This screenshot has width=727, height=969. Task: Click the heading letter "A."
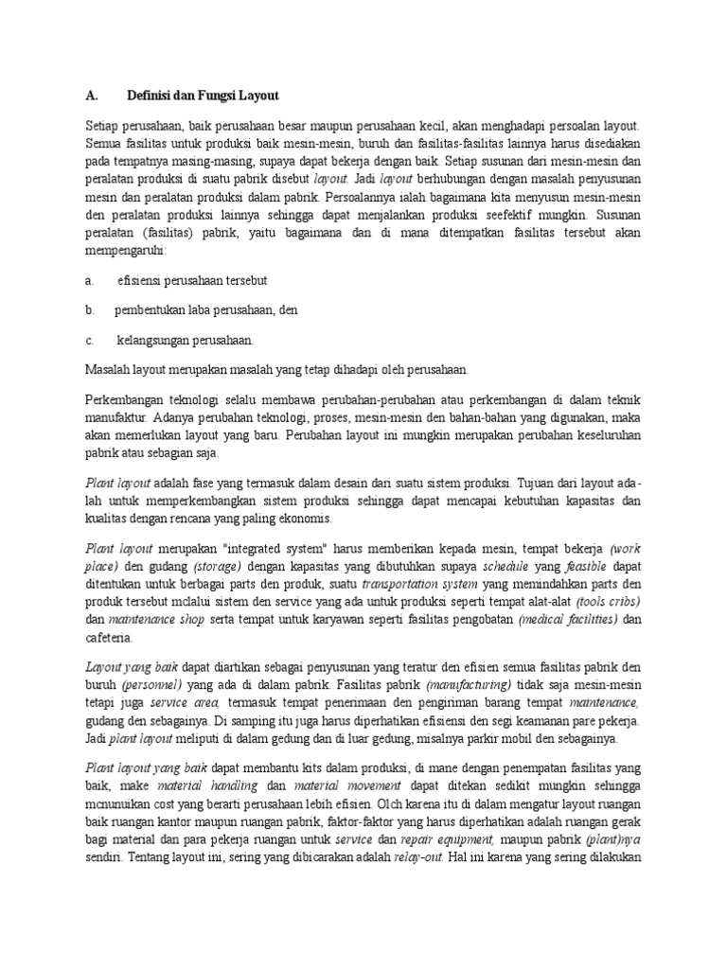click(x=92, y=96)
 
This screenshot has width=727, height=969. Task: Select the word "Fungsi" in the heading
click(x=213, y=96)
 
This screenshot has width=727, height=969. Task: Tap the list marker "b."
click(x=89, y=309)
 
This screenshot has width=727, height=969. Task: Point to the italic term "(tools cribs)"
click(x=608, y=602)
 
